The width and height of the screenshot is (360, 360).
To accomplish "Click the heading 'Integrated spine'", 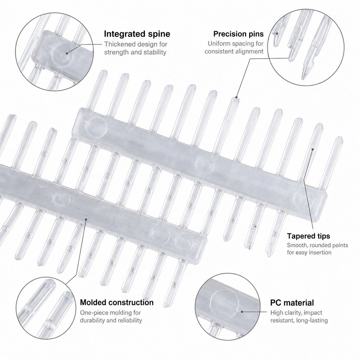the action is coord(137,34).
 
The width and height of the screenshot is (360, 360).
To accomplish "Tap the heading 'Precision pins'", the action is coord(238,34).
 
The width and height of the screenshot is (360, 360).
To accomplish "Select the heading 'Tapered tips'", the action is coord(308,236).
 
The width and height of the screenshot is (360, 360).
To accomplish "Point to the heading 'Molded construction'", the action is coord(117,302).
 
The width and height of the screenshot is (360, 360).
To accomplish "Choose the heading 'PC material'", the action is coord(292,303).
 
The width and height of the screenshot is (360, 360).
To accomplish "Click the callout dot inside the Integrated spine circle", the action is coord(67,53).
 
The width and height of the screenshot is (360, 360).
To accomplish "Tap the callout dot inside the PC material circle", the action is coord(242,312).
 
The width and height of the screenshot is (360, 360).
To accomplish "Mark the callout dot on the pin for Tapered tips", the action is coord(313,149).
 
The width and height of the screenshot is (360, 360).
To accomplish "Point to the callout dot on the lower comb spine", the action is coord(86,219).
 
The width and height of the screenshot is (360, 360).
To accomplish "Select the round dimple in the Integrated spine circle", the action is coord(63,54).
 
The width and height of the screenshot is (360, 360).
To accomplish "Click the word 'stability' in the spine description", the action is coord(155,52).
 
